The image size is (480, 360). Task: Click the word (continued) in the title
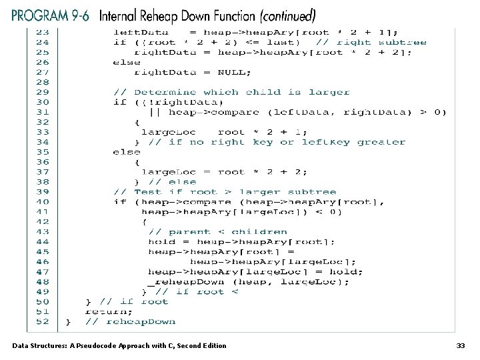[x=279, y=14]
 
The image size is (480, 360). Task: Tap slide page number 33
[x=460, y=345]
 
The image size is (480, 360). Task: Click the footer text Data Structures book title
[x=119, y=345]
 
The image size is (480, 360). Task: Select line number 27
[x=43, y=72]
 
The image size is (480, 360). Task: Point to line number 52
[x=43, y=321]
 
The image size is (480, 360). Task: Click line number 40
[x=43, y=201]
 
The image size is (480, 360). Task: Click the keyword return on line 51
[x=109, y=311]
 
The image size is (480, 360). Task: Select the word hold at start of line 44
[x=161, y=241]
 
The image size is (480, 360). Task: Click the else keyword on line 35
[x=127, y=152]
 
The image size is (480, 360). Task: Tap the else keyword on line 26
[x=127, y=62]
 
